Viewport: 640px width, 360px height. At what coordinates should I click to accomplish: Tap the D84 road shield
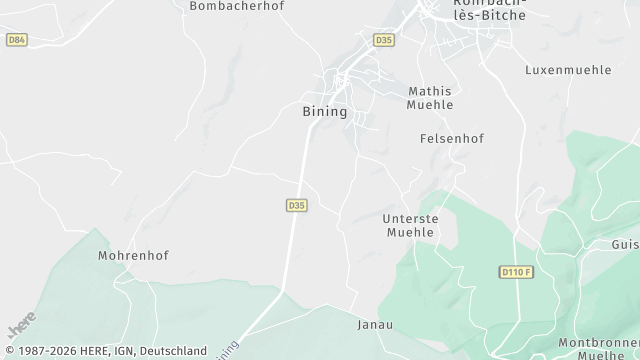(x=15, y=40)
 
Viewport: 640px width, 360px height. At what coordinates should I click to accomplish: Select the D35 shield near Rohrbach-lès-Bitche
(x=383, y=40)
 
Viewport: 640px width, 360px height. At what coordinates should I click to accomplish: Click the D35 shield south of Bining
(x=295, y=205)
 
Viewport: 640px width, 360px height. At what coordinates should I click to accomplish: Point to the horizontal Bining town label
(x=324, y=112)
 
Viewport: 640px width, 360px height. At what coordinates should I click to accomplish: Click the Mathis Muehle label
(x=431, y=97)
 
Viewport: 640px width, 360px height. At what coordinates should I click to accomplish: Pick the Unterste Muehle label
(x=410, y=225)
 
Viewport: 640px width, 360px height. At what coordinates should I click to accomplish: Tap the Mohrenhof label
(x=133, y=255)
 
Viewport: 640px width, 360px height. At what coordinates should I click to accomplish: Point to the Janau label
(x=374, y=325)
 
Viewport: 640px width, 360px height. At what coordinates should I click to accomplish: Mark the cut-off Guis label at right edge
(x=625, y=244)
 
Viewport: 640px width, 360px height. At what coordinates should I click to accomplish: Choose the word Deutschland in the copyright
(x=174, y=352)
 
